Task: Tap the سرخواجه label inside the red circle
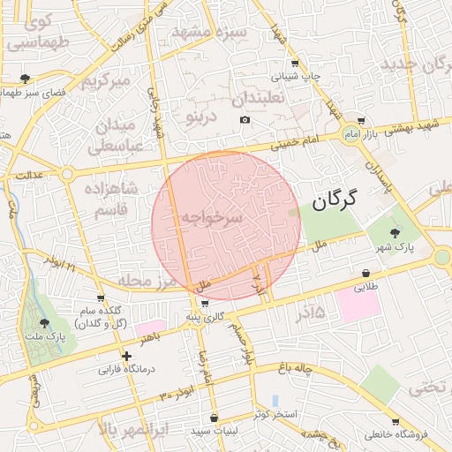click(212, 216)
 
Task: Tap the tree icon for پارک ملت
click(45, 324)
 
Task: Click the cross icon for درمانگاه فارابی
click(127, 357)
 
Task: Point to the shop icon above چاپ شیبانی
click(295, 63)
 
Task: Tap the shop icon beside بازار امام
click(361, 121)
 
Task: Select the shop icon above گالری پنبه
click(205, 303)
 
